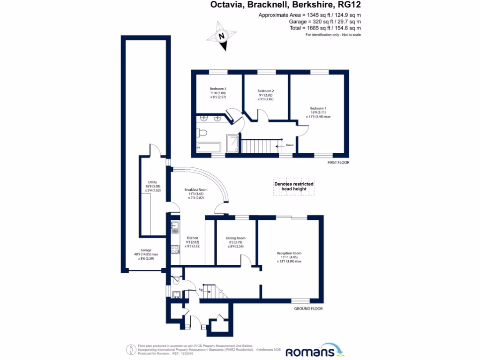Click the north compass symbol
coord(223,36)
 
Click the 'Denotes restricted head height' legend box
coord(294,187)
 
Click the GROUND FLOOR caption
coord(308,309)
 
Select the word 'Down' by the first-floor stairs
coord(290,145)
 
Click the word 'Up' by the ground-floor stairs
coord(201,289)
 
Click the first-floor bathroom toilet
coord(202,133)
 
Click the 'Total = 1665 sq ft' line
coord(325,29)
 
